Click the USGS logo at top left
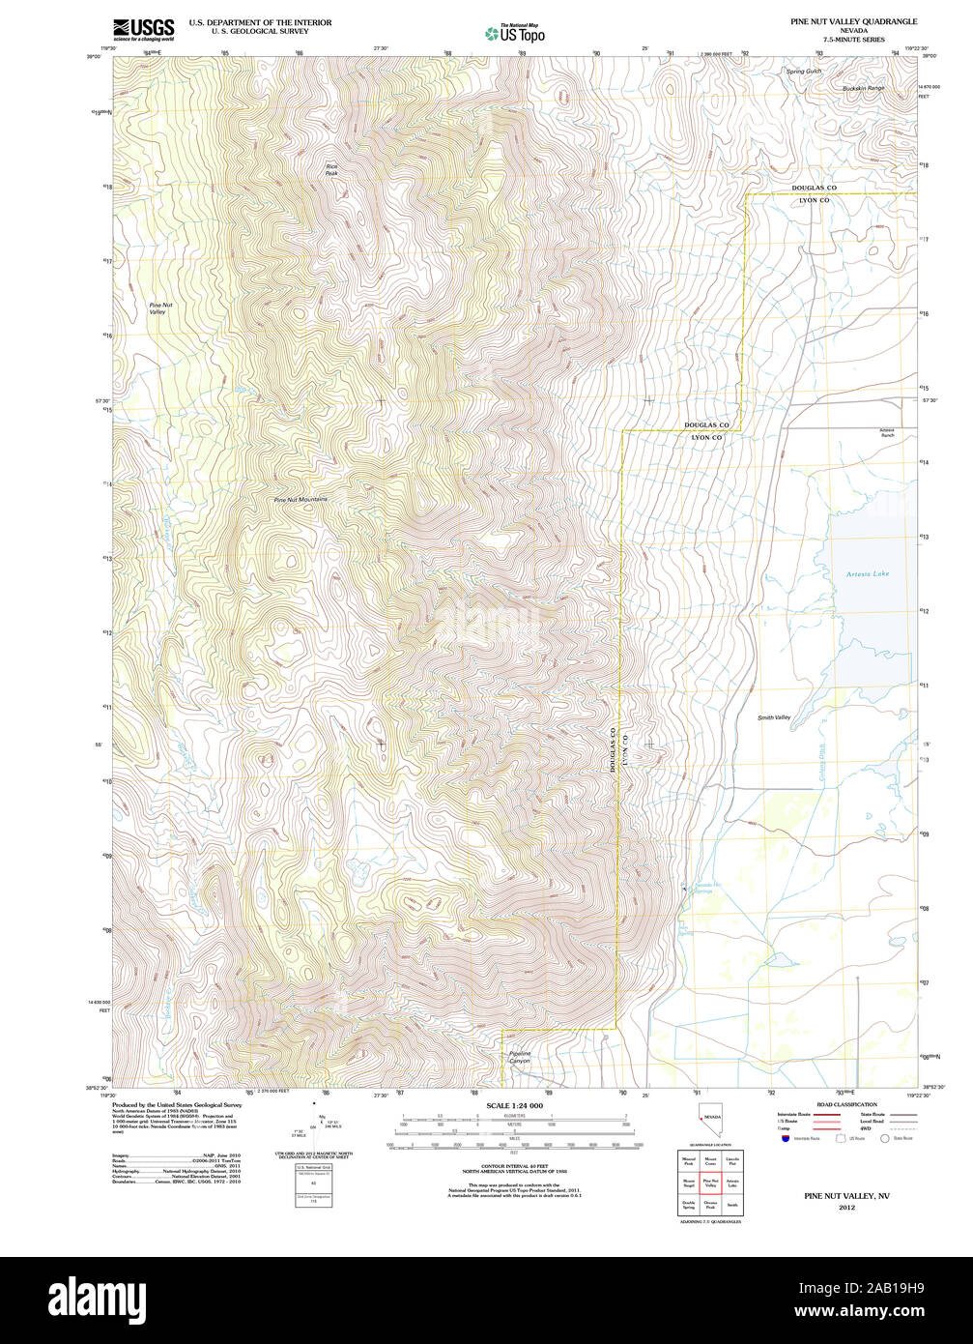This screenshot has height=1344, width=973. pos(143,29)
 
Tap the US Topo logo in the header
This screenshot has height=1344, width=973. pos(515,33)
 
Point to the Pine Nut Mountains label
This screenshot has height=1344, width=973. pos(300,500)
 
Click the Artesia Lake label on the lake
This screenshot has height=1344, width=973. pos(867,574)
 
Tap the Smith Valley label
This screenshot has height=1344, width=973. pos(774,717)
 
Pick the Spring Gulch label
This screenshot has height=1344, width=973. pos(803,72)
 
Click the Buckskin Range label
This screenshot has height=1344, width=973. pos(862,88)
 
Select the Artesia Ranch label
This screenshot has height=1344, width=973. pos(886,432)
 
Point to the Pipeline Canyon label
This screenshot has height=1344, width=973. pos(520,1057)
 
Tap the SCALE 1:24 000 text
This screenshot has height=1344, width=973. pos(514,1105)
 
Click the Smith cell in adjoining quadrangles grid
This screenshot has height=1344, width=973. pos(731,1206)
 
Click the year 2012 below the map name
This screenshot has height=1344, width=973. pos(846,1208)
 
